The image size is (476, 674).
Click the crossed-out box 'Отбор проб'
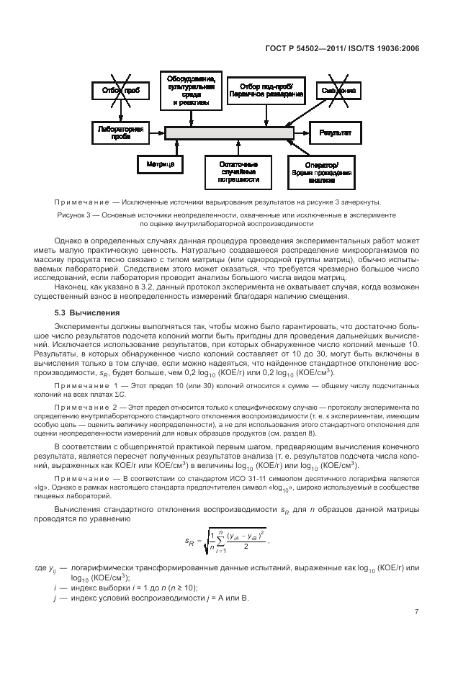click(119, 90)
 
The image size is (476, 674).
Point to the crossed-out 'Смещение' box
click(338, 90)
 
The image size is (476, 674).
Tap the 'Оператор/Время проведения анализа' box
click(321, 173)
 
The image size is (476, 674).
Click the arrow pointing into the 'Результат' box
click(302, 133)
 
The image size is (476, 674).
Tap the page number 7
click(416, 612)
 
